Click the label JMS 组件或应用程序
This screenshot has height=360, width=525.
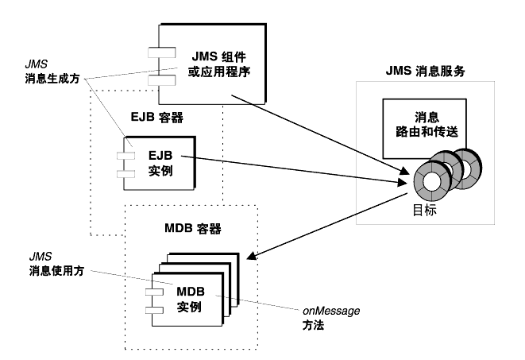(x=219, y=64)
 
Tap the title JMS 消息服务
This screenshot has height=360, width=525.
(x=425, y=71)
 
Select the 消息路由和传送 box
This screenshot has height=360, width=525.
(x=425, y=129)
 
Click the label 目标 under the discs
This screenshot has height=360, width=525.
(x=425, y=211)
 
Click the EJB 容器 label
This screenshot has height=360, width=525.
(x=157, y=117)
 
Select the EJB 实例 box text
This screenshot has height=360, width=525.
(x=160, y=163)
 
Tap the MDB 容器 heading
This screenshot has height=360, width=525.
(x=193, y=228)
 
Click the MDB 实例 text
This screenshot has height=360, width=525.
(x=190, y=299)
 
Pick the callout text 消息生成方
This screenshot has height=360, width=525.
(x=52, y=79)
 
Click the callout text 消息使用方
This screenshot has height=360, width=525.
(x=56, y=270)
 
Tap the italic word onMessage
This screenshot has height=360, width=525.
(x=331, y=311)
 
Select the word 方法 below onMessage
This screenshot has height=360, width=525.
(x=313, y=325)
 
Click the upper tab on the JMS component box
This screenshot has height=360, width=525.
(x=162, y=52)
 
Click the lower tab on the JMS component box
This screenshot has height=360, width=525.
(x=162, y=80)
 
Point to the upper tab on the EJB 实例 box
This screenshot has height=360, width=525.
(x=126, y=156)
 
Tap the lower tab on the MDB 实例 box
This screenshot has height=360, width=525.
(x=154, y=311)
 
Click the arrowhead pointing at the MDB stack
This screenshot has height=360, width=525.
(x=252, y=256)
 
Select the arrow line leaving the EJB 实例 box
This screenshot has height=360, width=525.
(x=295, y=170)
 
